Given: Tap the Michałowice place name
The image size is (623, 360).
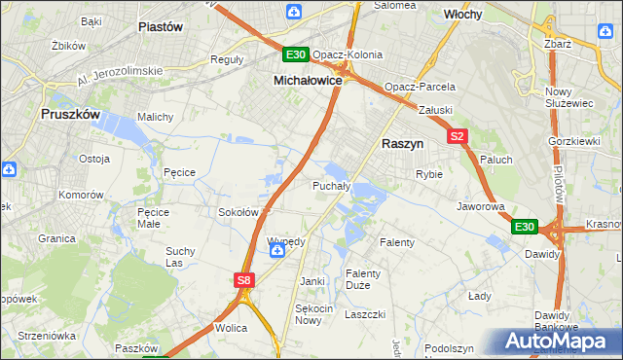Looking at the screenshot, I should click(x=307, y=81).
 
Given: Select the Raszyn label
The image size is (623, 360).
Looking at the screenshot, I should click(x=401, y=142).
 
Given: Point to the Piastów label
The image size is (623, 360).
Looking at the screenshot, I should click(x=162, y=27).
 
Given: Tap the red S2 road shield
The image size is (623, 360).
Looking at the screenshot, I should click(x=458, y=137).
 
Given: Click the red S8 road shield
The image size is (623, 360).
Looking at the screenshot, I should click(x=244, y=280).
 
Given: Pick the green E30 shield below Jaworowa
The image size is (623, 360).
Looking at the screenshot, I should click(x=525, y=227).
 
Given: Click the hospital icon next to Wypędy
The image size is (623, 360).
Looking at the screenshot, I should click(x=277, y=251).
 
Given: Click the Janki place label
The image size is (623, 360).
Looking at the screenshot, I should click(x=311, y=281).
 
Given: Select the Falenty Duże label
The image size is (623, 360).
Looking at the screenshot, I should click(x=364, y=279).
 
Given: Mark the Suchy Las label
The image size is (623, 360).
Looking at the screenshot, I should click(x=180, y=257).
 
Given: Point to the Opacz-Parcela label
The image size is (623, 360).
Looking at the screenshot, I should click(x=420, y=87).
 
